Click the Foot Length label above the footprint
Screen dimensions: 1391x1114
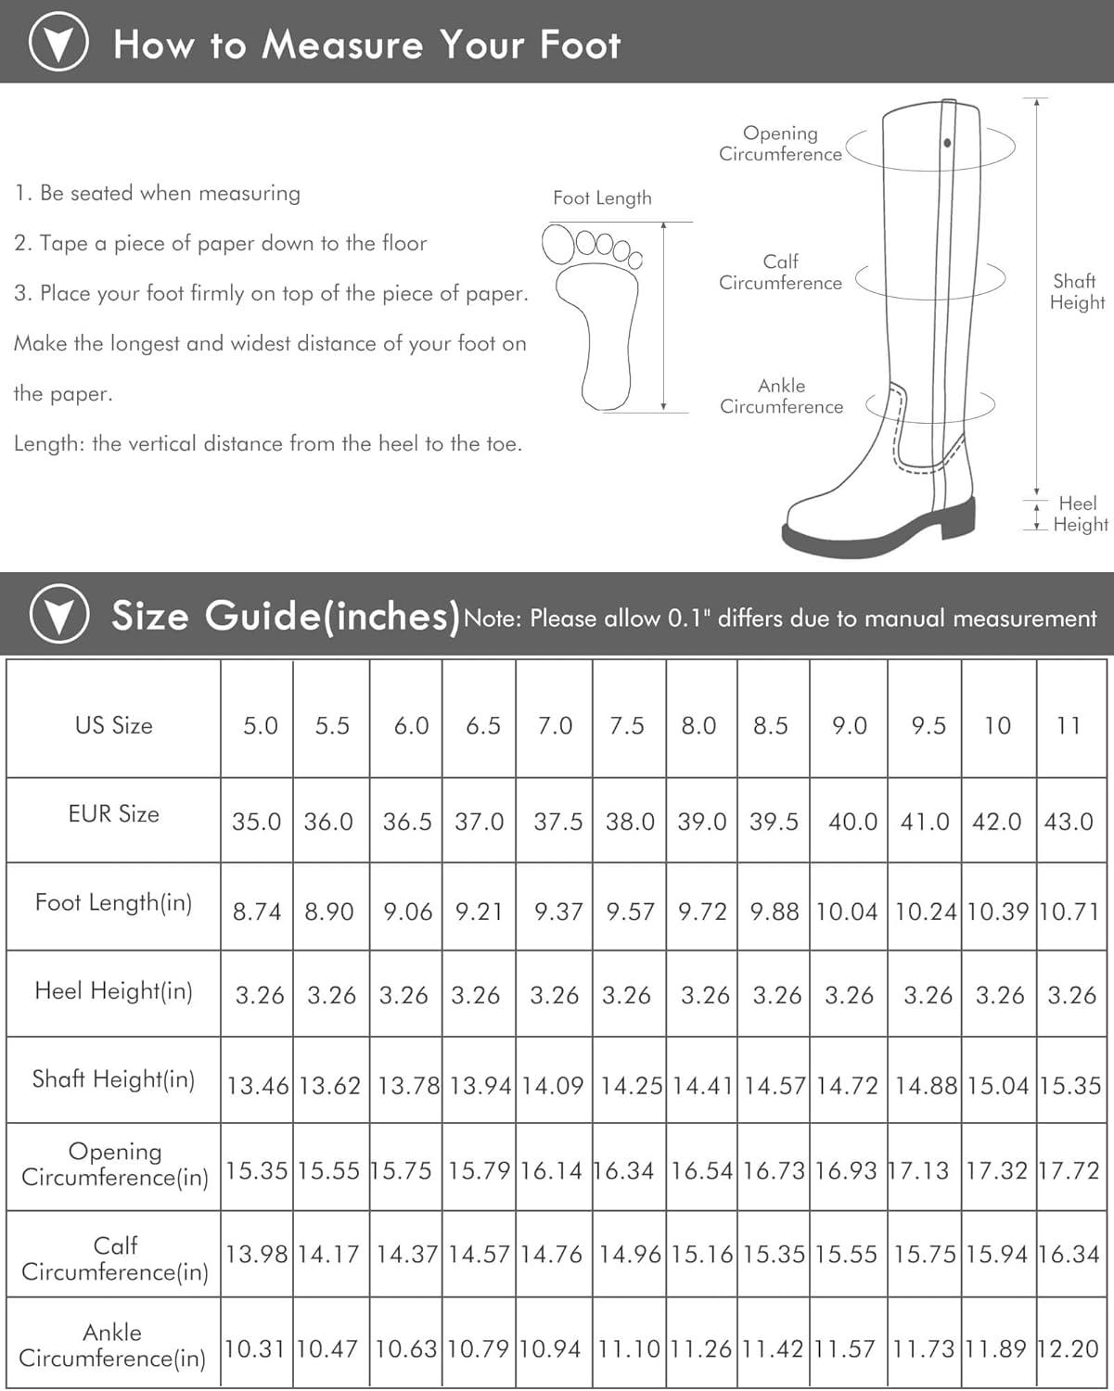[x=602, y=198]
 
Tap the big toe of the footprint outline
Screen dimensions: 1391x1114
[x=557, y=245]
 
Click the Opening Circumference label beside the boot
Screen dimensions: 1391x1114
[x=780, y=144]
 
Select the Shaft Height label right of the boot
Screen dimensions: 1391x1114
[x=1076, y=291]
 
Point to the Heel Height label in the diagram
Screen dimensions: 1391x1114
[x=1079, y=514]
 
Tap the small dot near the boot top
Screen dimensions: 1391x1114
[x=947, y=143]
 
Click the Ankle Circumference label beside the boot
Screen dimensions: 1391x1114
[x=781, y=396]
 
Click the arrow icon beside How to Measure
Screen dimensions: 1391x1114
[x=58, y=43]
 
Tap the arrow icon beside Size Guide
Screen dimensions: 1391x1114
[x=58, y=614]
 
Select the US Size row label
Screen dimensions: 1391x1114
[x=113, y=725]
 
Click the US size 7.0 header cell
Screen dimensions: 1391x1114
[x=555, y=725]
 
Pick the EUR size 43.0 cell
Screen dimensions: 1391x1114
[x=1069, y=822]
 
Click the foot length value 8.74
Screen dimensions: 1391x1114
[x=257, y=912]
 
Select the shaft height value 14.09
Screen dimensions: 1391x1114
[x=553, y=1085]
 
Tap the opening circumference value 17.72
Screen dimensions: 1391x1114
[x=1069, y=1170]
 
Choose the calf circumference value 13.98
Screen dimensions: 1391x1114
[x=257, y=1255]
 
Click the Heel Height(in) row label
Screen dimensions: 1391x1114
[x=113, y=990]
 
